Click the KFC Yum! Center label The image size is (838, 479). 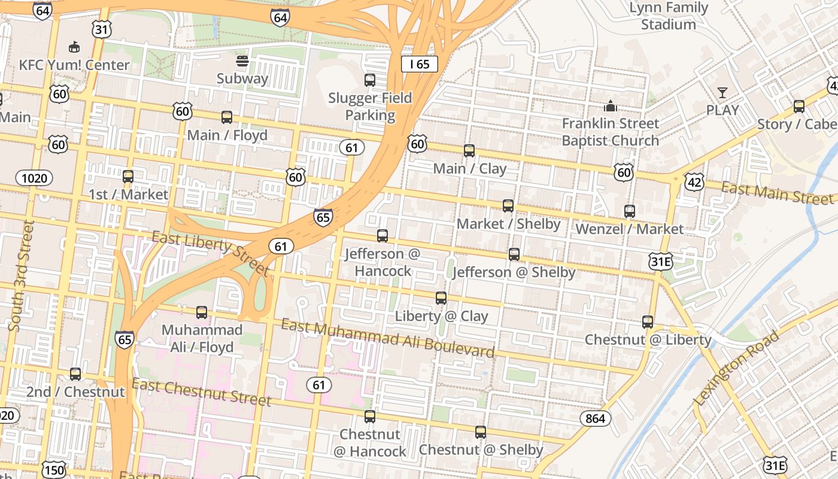tap(74, 65)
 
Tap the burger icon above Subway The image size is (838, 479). tap(242, 60)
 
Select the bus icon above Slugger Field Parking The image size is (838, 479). tap(370, 80)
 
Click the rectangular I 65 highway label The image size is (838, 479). tap(420, 64)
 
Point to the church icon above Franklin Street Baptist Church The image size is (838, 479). tap(610, 106)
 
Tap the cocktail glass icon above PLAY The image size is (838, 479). tap(722, 93)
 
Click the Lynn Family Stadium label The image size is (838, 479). tap(669, 16)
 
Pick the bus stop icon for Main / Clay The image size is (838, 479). tap(469, 151)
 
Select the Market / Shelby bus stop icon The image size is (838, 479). tap(508, 206)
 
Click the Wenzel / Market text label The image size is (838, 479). tap(629, 229)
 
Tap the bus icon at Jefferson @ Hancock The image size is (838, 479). tap(382, 236)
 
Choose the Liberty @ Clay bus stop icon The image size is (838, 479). tap(441, 298)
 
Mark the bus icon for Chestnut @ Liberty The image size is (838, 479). tap(648, 322)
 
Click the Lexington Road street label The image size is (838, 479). tap(736, 368)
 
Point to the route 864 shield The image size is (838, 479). tap(595, 418)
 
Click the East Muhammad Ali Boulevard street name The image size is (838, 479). tap(388, 338)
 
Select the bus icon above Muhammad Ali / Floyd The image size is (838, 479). tap(202, 313)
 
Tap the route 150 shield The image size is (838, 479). tap(54, 469)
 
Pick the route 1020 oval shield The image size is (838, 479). tap(34, 178)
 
